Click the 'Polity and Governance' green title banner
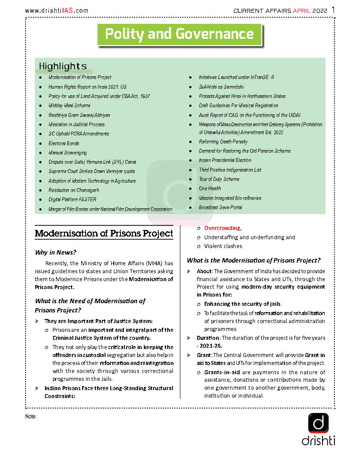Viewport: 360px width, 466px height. coord(179,34)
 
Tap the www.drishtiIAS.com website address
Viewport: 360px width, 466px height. coord(56,11)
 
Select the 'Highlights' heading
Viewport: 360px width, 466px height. coord(63,67)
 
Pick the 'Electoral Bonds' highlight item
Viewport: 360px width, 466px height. coord(64,143)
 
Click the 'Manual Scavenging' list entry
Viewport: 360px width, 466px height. coord(67,153)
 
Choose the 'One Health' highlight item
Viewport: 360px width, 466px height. coord(210,188)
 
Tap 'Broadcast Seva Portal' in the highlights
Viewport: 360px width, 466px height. coord(221,207)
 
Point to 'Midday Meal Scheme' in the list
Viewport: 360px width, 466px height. coord(69,105)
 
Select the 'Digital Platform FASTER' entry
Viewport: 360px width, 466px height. coord(72,199)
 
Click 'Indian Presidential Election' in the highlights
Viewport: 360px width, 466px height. coord(225,160)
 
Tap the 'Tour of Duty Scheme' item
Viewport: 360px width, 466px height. coord(219,179)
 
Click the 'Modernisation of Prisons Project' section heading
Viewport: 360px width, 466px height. coord(104,233)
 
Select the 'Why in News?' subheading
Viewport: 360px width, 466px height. coord(56,252)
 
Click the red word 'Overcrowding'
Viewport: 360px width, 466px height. coord(222,228)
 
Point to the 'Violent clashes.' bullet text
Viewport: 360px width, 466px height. coord(223,246)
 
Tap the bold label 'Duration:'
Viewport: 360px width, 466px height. coord(208,338)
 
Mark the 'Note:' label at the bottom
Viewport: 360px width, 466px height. coord(31,417)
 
